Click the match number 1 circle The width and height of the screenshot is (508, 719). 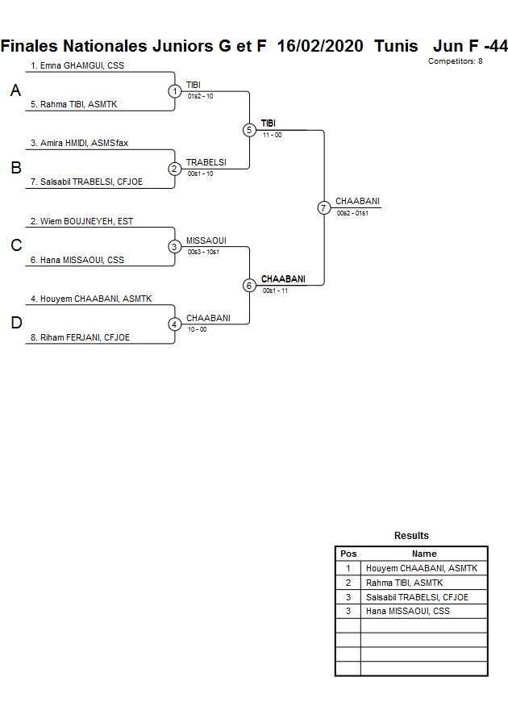tap(175, 91)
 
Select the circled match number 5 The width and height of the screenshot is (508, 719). tap(249, 130)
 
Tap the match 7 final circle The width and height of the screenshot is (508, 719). tap(323, 208)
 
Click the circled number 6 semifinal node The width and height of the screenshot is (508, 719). tap(249, 286)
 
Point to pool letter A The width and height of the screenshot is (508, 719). tap(15, 91)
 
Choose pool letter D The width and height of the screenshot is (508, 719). tap(15, 324)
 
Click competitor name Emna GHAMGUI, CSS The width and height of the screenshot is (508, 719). tap(77, 65)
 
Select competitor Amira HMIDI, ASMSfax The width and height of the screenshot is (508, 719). tap(79, 143)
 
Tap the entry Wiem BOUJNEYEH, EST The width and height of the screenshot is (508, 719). tap(81, 221)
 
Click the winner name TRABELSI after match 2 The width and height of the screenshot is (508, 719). tap(206, 162)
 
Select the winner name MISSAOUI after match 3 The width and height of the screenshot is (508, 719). tap(206, 240)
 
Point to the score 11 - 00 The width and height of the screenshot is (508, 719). tap(272, 135)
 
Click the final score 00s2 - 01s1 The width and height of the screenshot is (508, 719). tap(352, 213)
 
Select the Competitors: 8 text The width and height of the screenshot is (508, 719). tap(455, 61)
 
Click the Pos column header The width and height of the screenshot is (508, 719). tap(348, 554)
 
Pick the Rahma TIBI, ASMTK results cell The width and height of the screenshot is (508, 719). tap(404, 583)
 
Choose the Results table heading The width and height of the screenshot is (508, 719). tap(411, 536)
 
